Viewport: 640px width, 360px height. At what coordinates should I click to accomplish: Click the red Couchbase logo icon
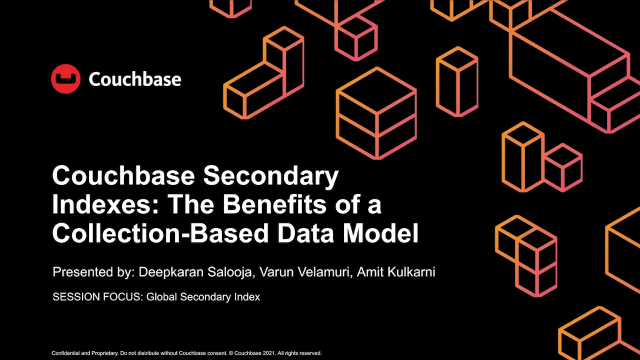click(x=65, y=79)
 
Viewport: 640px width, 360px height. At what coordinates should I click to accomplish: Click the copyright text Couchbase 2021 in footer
click(x=253, y=353)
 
